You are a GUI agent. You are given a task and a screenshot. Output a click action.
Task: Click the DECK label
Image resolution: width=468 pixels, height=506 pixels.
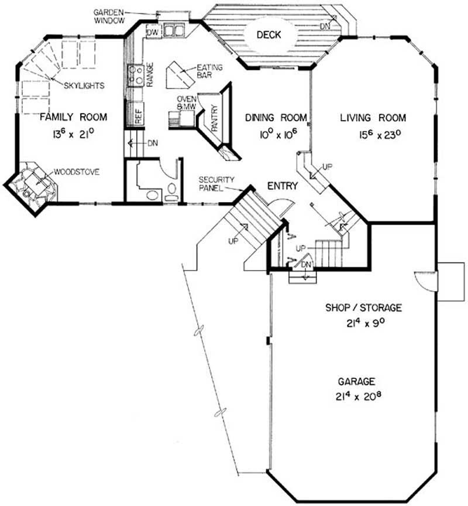[269, 35]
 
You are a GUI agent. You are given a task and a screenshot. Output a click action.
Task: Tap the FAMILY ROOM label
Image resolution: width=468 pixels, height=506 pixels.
[74, 117]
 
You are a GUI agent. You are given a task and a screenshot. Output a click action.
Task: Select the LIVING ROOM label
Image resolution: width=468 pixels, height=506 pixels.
[373, 118]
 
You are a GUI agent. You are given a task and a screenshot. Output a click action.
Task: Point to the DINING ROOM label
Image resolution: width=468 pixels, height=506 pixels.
[276, 118]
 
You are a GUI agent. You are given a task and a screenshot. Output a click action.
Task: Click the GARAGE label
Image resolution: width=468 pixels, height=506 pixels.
[356, 381]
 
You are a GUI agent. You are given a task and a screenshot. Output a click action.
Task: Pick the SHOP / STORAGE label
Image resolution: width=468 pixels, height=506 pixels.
[363, 307]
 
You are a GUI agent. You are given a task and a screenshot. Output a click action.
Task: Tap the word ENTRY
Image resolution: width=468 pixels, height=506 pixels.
[283, 186]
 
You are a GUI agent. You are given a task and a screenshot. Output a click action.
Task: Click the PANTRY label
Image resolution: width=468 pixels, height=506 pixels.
[215, 118]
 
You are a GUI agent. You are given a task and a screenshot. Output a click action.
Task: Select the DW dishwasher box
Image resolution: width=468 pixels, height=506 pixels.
[153, 32]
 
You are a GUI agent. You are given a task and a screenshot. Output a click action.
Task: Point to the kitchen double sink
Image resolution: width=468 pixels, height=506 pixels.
[174, 30]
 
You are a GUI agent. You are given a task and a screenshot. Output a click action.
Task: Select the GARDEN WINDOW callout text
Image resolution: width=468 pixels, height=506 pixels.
[109, 16]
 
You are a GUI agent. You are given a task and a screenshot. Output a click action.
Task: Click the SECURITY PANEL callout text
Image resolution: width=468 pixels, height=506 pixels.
[216, 184]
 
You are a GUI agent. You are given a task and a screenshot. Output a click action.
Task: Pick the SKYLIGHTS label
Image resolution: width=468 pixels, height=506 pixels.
[84, 86]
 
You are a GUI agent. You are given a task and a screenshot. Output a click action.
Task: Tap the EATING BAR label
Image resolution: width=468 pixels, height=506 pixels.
[209, 71]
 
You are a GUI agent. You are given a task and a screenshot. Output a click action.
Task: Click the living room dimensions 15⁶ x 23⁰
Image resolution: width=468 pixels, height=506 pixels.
[380, 135]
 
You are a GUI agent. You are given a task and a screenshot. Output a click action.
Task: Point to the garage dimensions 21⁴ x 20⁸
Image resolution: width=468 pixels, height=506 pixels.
[359, 396]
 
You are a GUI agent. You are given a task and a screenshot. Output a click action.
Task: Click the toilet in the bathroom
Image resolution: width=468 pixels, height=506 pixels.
[171, 192]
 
